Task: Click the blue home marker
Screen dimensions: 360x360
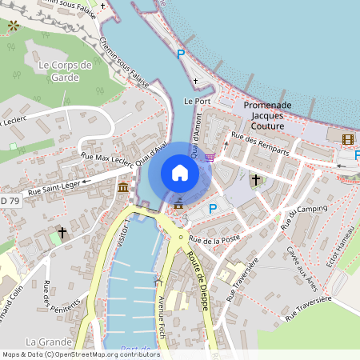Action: coord(180,172)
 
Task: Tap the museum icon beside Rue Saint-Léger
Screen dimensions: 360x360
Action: coord(122,187)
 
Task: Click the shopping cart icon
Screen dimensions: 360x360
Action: coord(210,157)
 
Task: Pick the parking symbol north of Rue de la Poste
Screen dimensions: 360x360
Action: coord(213,209)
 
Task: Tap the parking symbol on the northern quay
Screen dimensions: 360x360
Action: coord(181,54)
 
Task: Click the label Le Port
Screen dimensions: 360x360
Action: coord(196,102)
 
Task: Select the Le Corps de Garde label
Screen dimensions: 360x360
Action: coord(66,71)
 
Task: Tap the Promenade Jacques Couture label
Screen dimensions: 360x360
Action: coord(267,115)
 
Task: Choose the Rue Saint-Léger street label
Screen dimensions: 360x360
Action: coord(54,189)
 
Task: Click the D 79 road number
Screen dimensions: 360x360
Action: coord(9,200)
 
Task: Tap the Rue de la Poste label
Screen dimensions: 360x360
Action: coord(216,239)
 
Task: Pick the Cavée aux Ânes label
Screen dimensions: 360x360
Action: coord(302,267)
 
